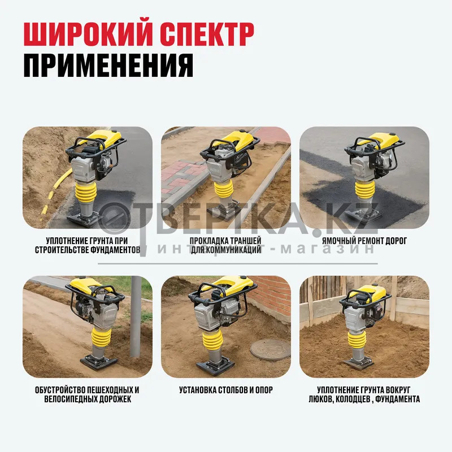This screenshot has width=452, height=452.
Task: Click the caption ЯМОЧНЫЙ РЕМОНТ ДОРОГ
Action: point(364,241)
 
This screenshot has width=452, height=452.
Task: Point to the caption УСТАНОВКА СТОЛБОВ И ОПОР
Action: point(226,390)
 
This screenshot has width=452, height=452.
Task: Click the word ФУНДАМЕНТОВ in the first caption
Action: point(115,250)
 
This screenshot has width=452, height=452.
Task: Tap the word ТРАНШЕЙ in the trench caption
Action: point(245,241)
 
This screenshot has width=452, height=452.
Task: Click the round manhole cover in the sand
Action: point(270,349)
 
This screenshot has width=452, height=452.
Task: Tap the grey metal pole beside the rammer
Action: point(136,316)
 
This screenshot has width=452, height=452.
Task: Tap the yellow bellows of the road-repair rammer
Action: point(364,190)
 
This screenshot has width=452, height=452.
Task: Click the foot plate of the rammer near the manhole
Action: point(215,366)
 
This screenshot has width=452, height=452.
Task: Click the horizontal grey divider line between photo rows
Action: point(237,263)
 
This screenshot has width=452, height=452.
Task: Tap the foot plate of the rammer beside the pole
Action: point(99,362)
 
